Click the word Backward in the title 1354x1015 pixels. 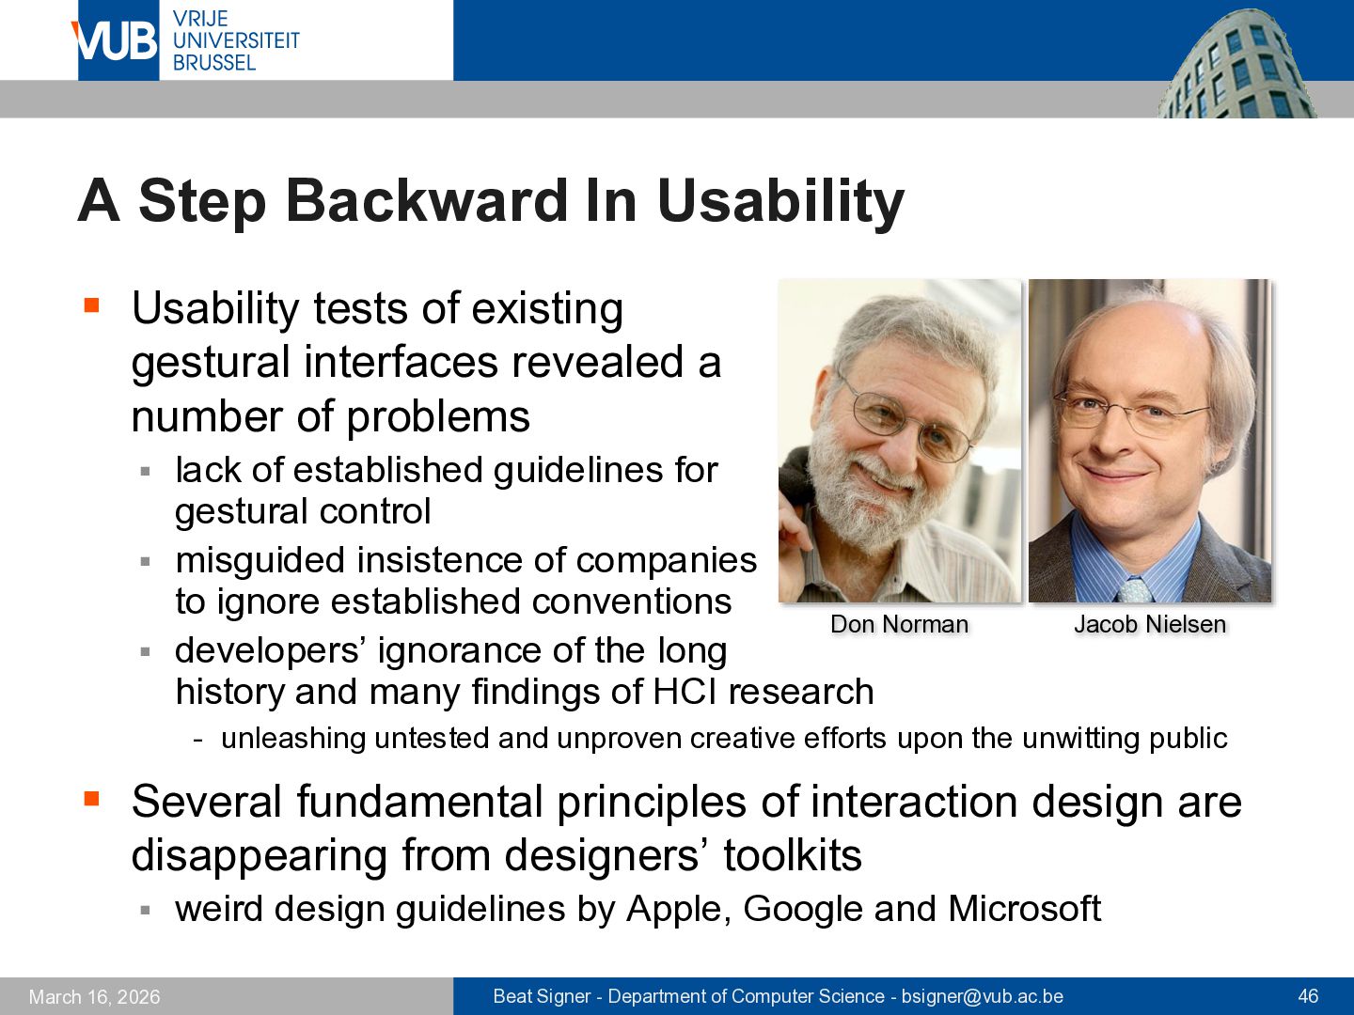tap(426, 201)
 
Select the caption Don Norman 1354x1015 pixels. tap(899, 624)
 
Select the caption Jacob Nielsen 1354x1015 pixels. tap(1150, 624)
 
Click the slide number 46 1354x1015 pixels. tap(1308, 996)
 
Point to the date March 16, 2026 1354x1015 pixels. tap(94, 996)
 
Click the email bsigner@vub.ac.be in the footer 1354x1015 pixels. tap(982, 996)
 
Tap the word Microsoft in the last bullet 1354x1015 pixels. tap(1024, 908)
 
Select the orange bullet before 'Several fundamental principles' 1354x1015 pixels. tap(92, 799)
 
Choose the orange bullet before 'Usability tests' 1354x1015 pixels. tap(92, 305)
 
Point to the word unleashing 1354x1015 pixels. tap(293, 739)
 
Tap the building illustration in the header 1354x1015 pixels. tap(1236, 64)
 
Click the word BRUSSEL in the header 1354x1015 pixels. tap(214, 62)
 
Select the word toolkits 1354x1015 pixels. tap(793, 855)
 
